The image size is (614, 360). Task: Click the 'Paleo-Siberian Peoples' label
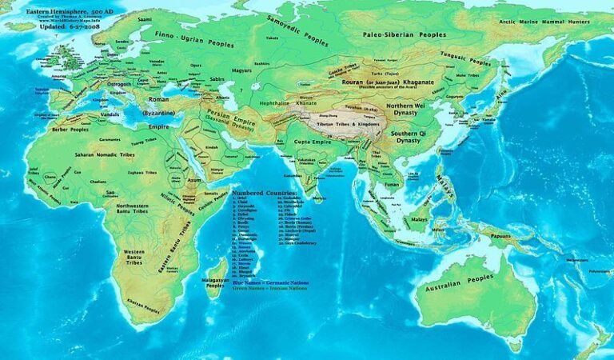[405, 34]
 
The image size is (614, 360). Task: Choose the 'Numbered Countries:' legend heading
[265, 193]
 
